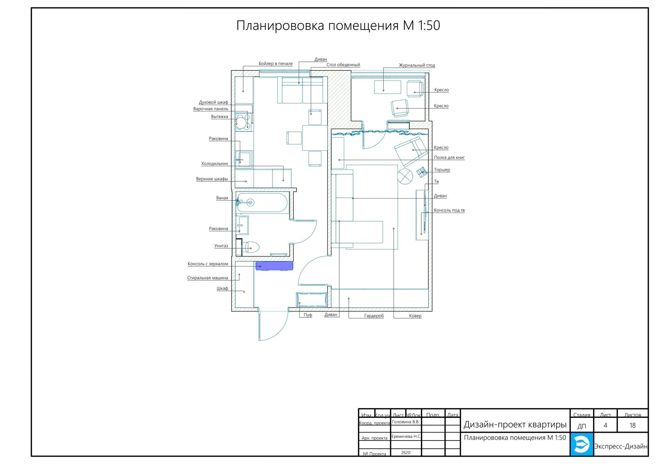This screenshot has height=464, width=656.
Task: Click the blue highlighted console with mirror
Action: tap(274, 266)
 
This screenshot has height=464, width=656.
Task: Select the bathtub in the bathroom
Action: tap(262, 202)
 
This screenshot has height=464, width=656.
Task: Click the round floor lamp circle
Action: tap(405, 176)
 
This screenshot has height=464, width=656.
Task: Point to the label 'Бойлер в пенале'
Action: tap(276, 63)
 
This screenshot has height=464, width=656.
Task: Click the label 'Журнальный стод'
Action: tap(417, 65)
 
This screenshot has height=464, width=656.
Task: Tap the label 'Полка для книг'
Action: tap(449, 158)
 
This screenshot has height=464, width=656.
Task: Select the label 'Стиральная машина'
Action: tap(208, 278)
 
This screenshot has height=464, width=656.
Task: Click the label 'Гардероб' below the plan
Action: tap(374, 316)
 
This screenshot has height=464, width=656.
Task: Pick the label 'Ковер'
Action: tap(415, 316)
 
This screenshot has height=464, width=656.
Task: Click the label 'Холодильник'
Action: tap(215, 163)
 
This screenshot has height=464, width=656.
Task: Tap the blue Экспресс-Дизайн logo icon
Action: tap(582, 444)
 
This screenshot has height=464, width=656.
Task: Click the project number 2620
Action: tap(406, 453)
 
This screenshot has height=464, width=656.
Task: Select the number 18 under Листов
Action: tap(633, 425)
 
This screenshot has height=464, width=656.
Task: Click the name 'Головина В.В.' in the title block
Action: tap(406, 422)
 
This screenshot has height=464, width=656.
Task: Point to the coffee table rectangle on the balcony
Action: tap(387, 87)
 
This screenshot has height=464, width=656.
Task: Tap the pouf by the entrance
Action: tap(312, 299)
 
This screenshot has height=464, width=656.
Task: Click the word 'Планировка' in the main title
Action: tap(280, 25)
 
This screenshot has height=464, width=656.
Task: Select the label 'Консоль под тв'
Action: tap(449, 210)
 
